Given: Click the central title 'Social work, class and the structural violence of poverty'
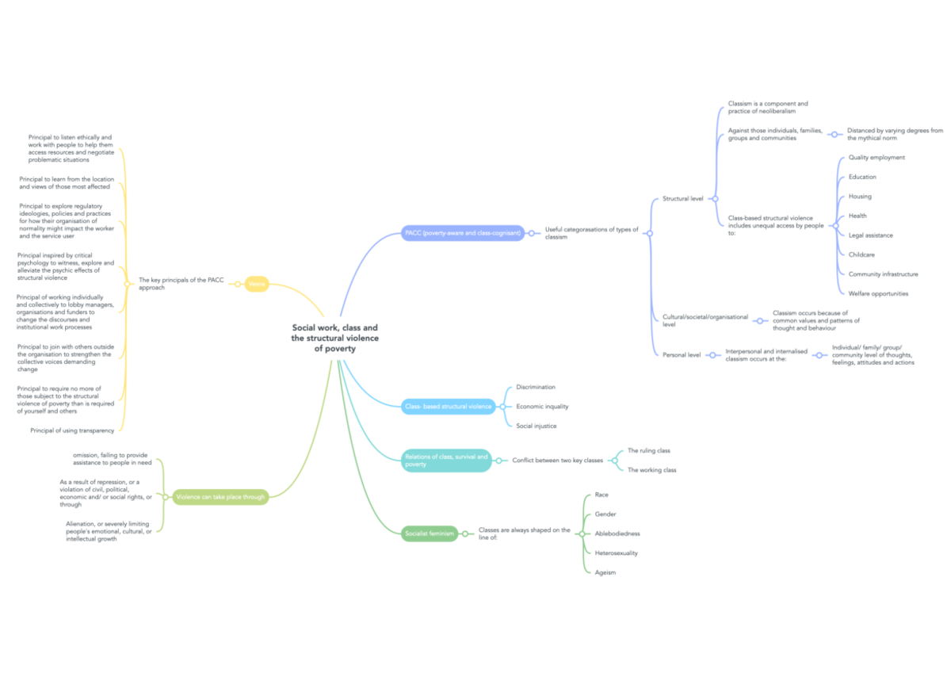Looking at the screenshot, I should pyautogui.click(x=334, y=338).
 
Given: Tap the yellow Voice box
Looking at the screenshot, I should pyautogui.click(x=256, y=284).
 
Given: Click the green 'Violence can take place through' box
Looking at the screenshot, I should pyautogui.click(x=220, y=497).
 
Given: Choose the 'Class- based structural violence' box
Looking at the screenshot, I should pyautogui.click(x=449, y=407).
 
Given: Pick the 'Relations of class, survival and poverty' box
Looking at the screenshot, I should pyautogui.click(x=446, y=461).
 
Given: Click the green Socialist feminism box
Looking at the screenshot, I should pyautogui.click(x=430, y=534).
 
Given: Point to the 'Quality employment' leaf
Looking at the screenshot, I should pyautogui.click(x=876, y=158).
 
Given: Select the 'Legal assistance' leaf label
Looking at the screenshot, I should pyautogui.click(x=870, y=235).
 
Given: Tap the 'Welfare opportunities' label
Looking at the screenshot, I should pyautogui.click(x=878, y=293).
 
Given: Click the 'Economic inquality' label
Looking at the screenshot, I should pyautogui.click(x=542, y=407).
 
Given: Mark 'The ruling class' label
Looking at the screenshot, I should pyautogui.click(x=648, y=450).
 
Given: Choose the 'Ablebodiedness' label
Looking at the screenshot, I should pyautogui.click(x=617, y=533).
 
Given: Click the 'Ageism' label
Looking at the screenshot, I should pyautogui.click(x=605, y=572).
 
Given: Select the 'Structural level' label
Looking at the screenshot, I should pyautogui.click(x=682, y=198).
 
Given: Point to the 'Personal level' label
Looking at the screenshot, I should pyautogui.click(x=681, y=355).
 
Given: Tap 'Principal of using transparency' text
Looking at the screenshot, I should pyautogui.click(x=72, y=430).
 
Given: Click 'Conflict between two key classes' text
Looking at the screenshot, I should pyautogui.click(x=557, y=460).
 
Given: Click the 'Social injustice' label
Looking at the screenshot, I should pyautogui.click(x=536, y=426).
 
